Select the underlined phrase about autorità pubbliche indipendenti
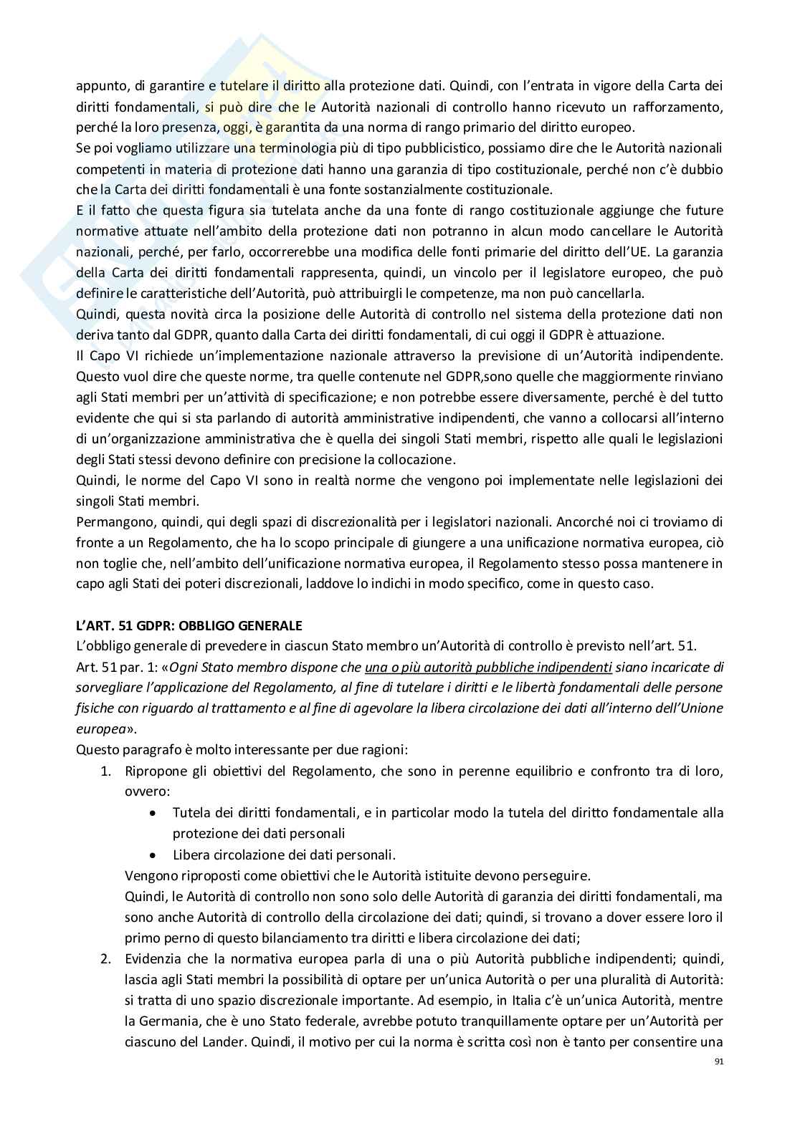(488, 667)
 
